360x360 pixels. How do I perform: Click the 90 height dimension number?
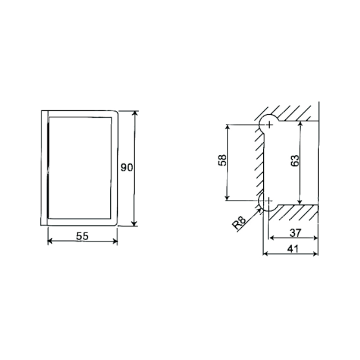[127, 167]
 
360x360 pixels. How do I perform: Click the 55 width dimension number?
[82, 236]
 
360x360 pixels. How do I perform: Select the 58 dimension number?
[222, 160]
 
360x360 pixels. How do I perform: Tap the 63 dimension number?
[295, 161]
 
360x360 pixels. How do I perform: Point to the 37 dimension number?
[295, 233]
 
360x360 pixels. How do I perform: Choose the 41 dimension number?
[293, 249]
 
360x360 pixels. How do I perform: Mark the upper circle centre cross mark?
[269, 125]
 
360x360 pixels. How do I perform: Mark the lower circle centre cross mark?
[268, 201]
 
